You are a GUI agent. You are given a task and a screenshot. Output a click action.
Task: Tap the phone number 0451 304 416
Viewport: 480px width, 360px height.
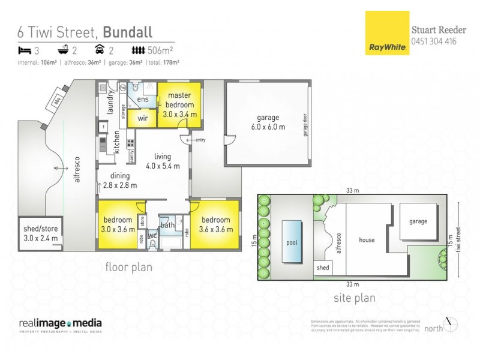pyautogui.click(x=434, y=41)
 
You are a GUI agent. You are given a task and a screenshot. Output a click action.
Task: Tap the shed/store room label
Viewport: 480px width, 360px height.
pyautogui.click(x=40, y=233)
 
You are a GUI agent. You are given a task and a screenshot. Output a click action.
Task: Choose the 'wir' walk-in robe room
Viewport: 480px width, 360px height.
pyautogui.click(x=142, y=118)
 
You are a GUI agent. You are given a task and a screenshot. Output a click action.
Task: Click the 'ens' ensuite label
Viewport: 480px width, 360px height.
pyautogui.click(x=143, y=99)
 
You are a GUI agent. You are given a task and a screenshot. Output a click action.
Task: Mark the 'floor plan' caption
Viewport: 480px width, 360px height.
pyautogui.click(x=128, y=268)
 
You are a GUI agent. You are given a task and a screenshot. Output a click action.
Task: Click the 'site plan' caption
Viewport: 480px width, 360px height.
pyautogui.click(x=354, y=298)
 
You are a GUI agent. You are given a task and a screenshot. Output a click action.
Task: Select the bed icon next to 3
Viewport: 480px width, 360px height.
pyautogui.click(x=25, y=50)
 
